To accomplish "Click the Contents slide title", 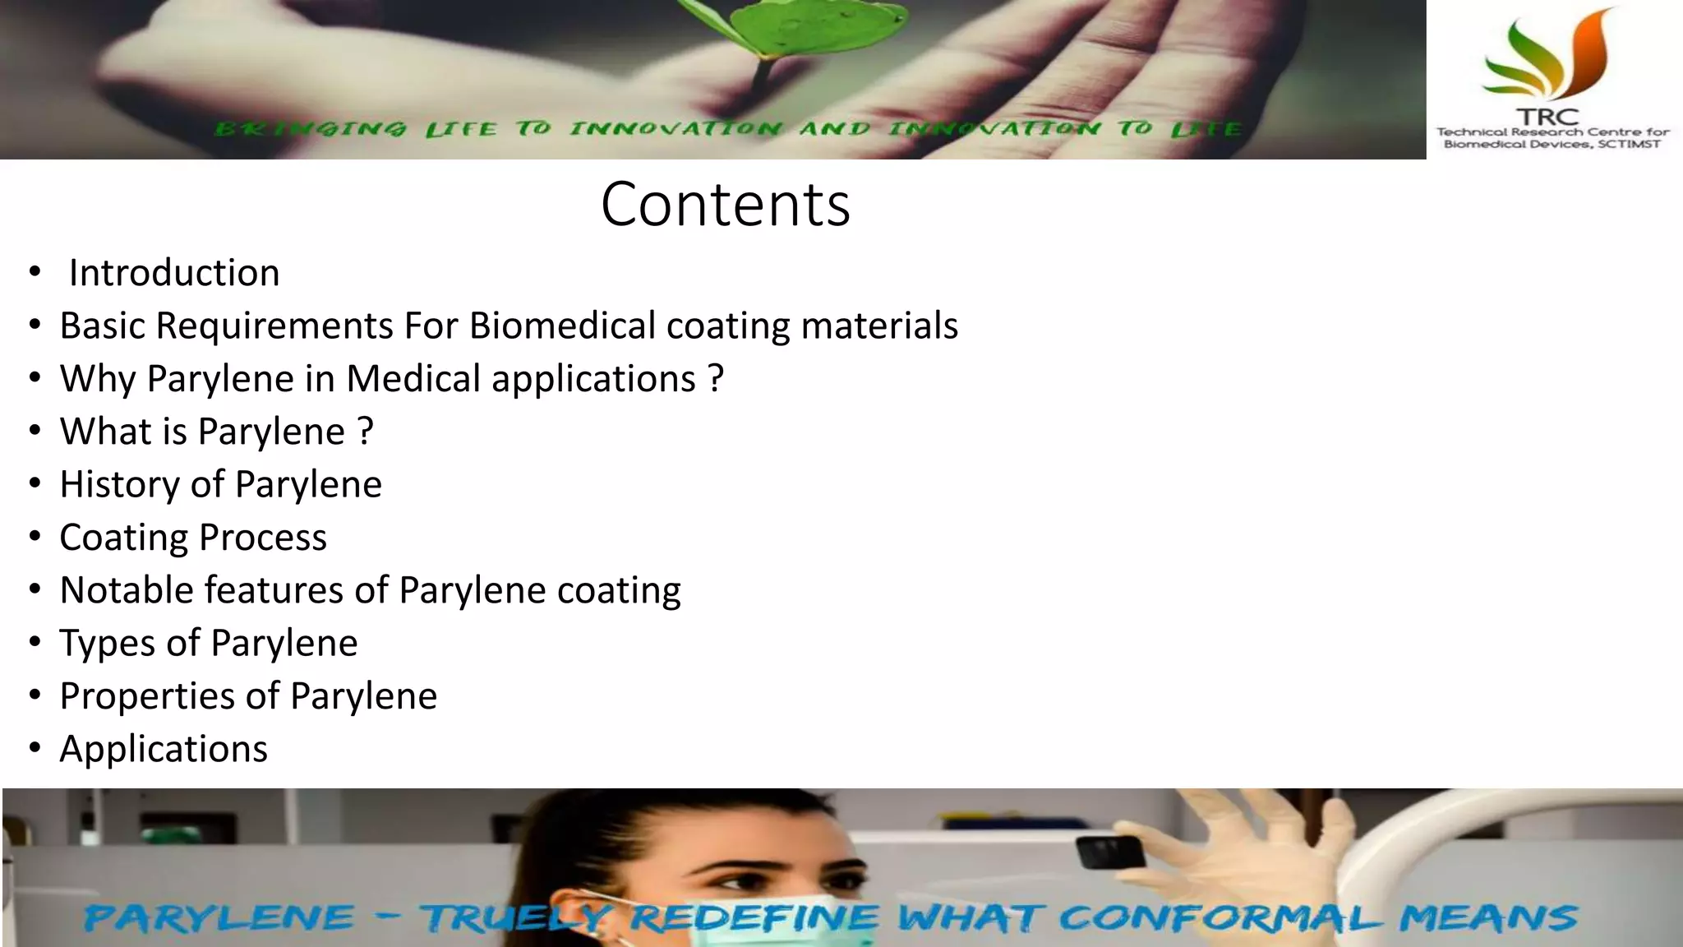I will (x=725, y=204).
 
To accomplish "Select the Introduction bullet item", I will (x=173, y=273).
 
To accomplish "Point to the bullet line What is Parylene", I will (x=216, y=432).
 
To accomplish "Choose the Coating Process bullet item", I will (x=193, y=538).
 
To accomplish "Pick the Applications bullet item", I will (x=164, y=749).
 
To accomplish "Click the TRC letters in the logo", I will (x=1548, y=118).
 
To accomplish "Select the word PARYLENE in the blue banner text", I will (x=219, y=917).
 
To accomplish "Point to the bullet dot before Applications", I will (x=35, y=749).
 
